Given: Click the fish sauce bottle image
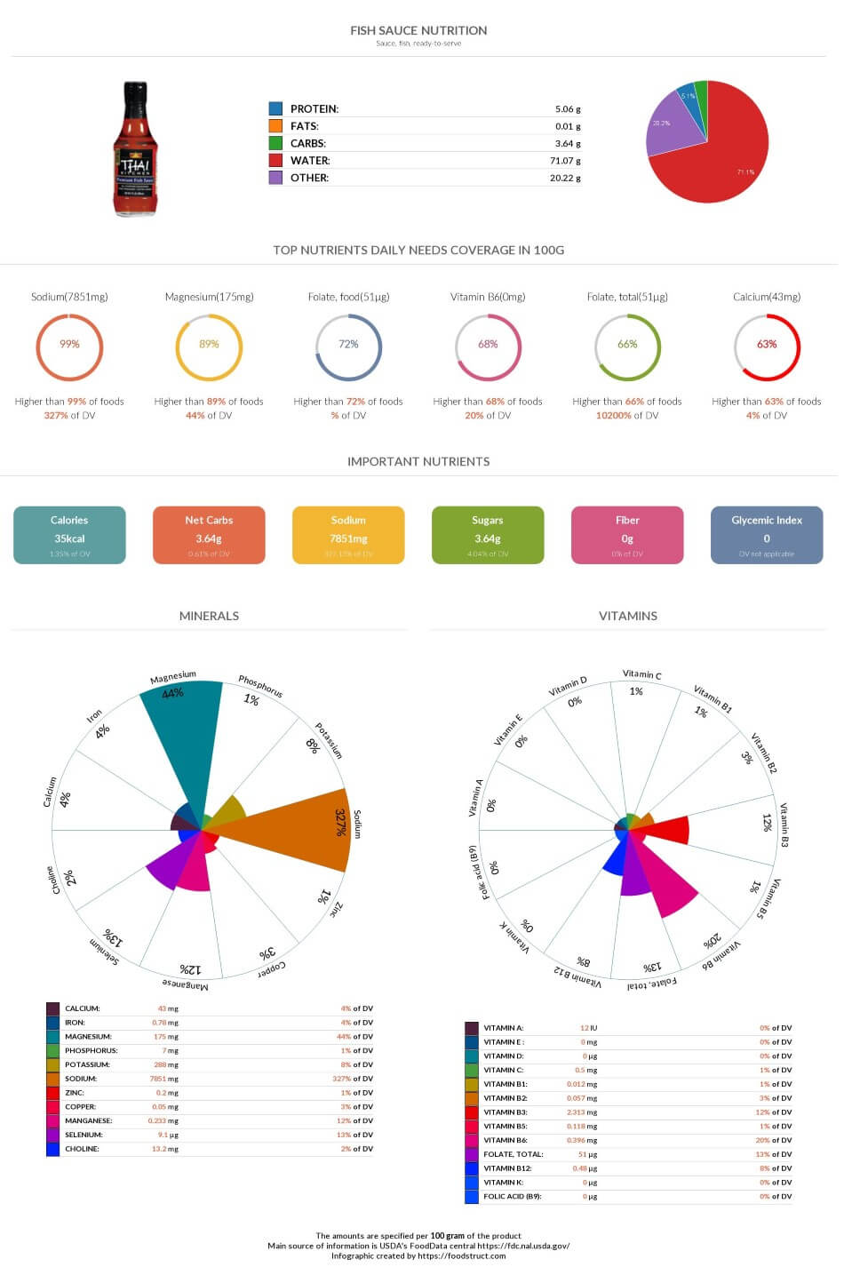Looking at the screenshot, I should click(x=135, y=148).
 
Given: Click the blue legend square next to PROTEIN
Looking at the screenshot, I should click(x=275, y=108).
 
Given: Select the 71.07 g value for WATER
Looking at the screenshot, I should click(x=565, y=161).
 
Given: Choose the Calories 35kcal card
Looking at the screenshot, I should click(x=69, y=535).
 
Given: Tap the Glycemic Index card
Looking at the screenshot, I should click(x=766, y=535).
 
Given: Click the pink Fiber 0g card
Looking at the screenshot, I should click(x=627, y=535).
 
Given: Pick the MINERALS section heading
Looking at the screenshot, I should click(x=209, y=616).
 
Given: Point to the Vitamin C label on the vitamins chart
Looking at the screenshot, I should click(x=641, y=674).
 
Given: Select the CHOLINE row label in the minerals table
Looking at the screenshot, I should click(x=82, y=1149).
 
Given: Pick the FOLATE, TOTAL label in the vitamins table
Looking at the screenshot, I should click(x=513, y=1154).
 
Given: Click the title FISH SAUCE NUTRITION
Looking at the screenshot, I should click(x=418, y=30).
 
